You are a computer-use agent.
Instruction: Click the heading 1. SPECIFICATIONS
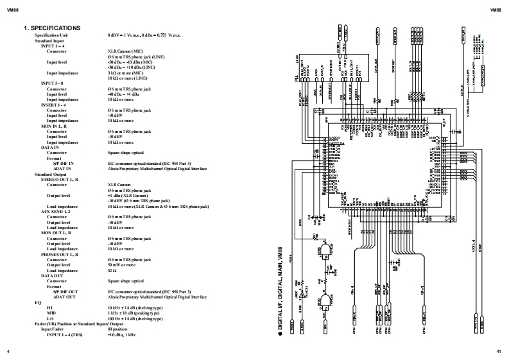[52, 28]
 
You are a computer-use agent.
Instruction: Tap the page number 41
[498, 351]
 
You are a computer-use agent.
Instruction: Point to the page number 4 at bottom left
[8, 351]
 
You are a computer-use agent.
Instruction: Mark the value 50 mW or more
[122, 264]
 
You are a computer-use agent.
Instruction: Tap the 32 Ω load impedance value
[112, 270]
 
